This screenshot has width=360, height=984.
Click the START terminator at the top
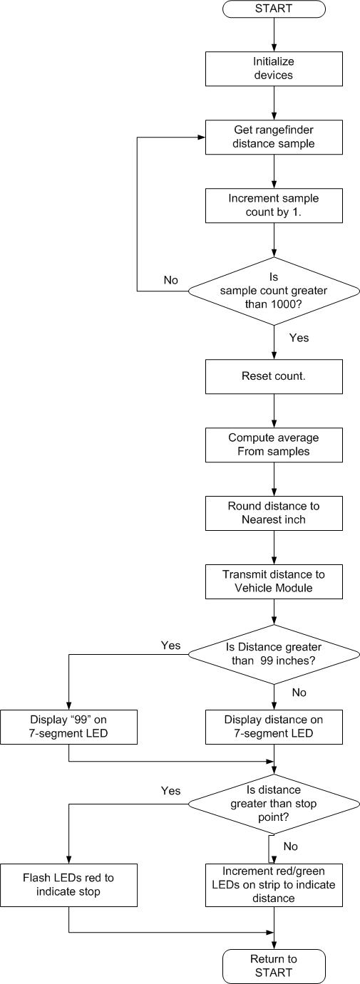[274, 9]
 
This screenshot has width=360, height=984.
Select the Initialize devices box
[274, 68]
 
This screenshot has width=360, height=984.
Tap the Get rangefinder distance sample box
[274, 137]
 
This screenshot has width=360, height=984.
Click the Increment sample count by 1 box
[274, 206]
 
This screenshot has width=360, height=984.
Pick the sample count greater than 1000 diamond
[274, 291]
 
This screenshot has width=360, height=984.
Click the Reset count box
[274, 376]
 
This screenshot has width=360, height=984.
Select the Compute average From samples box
[274, 445]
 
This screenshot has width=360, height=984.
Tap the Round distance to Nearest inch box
[274, 514]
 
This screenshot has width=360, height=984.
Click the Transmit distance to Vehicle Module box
[274, 582]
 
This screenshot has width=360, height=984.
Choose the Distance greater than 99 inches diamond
[274, 655]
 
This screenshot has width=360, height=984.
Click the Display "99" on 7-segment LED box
[68, 727]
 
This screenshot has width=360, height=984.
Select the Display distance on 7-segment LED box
[274, 727]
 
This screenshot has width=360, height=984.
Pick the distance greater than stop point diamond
[274, 804]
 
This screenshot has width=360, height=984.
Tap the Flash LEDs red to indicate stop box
[68, 885]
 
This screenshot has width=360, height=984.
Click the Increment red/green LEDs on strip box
[274, 885]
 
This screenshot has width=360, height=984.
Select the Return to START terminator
[274, 967]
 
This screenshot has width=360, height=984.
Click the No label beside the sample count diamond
[170, 280]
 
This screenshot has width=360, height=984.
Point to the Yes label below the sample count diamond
[299, 338]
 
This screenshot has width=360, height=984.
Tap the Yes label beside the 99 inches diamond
[170, 646]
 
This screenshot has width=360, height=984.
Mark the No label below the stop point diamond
[291, 846]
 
